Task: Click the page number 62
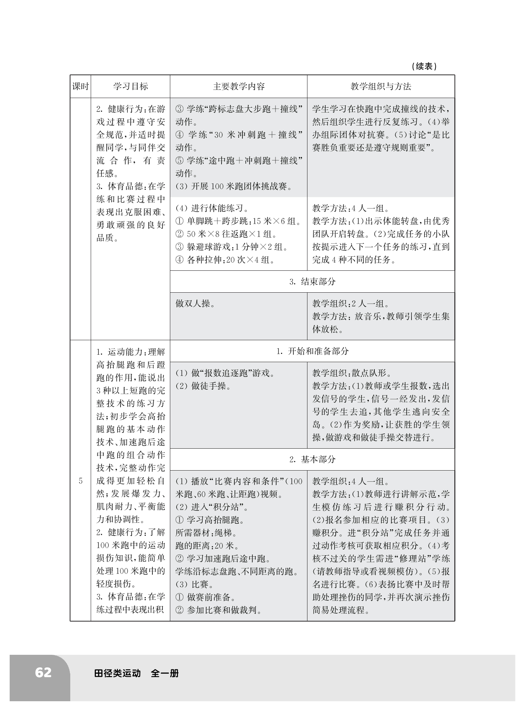(x=43, y=673)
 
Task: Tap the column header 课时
(x=80, y=87)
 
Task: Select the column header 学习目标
(x=130, y=87)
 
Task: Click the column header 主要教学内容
(x=239, y=87)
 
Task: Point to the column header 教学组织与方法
(x=381, y=87)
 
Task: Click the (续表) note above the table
(x=424, y=66)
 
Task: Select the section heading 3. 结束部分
(x=312, y=282)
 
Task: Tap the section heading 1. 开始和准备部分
(x=312, y=351)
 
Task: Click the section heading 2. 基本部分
(x=312, y=459)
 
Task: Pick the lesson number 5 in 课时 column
(x=81, y=481)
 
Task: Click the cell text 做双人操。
(x=196, y=303)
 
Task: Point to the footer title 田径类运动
(x=117, y=673)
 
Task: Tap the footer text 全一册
(x=165, y=673)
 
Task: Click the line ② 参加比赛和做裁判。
(x=218, y=610)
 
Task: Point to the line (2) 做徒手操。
(x=203, y=386)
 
